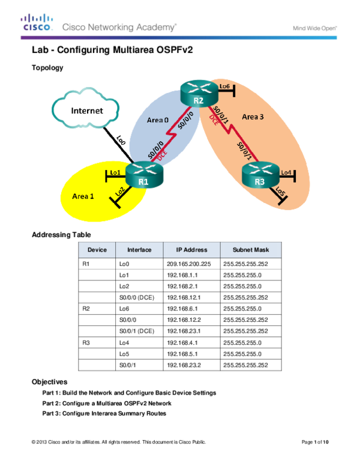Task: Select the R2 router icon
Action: [x=197, y=95]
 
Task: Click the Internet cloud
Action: [x=86, y=110]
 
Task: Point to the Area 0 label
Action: [x=157, y=120]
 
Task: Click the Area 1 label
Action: [x=83, y=196]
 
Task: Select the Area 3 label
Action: [x=253, y=116]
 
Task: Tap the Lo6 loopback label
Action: [x=225, y=86]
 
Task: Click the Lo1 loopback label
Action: [x=116, y=172]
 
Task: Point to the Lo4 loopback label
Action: [x=286, y=172]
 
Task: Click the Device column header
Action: [x=97, y=250]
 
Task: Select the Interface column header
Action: [x=139, y=250]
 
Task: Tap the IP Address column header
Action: [x=191, y=250]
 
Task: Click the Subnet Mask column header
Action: [x=250, y=250]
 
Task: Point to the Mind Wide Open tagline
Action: [x=314, y=28]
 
